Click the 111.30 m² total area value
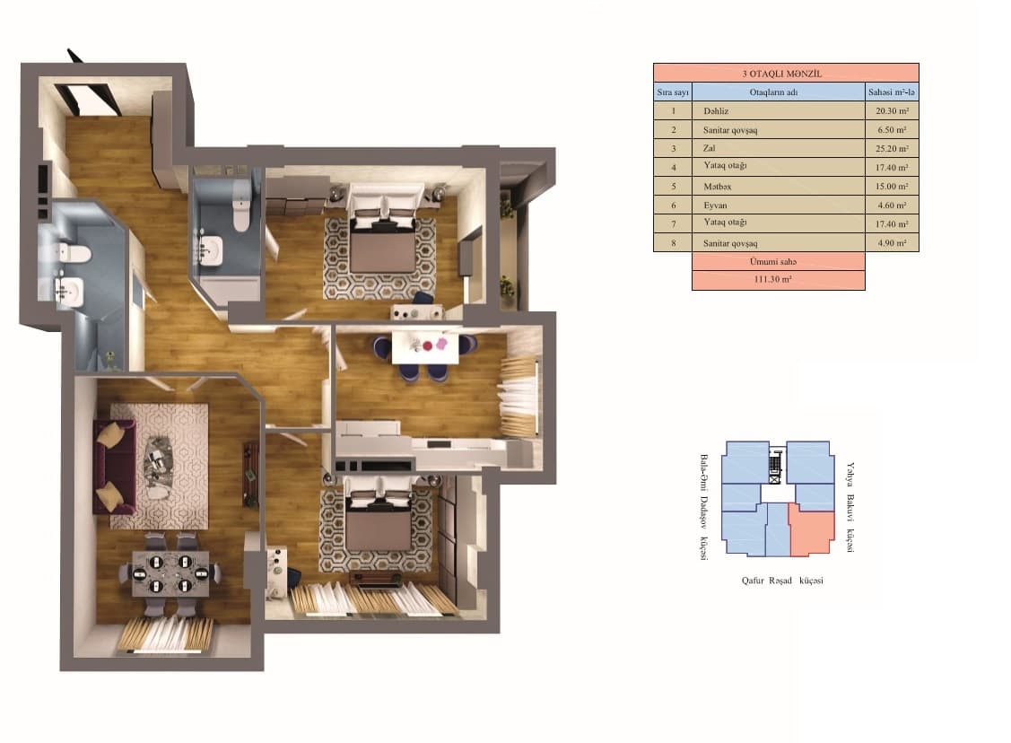[x=778, y=280]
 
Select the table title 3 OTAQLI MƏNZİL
[x=785, y=74]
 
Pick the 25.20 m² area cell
[x=891, y=149]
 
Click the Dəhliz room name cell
[x=715, y=111]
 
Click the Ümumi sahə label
[x=778, y=261]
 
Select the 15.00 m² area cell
[x=891, y=187]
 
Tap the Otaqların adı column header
[x=778, y=92]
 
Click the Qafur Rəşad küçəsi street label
[x=781, y=581]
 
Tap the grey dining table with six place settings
[x=170, y=573]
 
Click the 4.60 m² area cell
[x=891, y=205]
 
